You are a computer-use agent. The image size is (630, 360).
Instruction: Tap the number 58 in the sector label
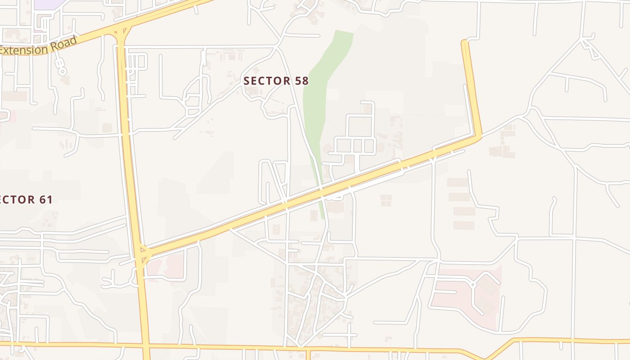(302, 81)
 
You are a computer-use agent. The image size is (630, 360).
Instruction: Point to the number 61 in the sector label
(45, 199)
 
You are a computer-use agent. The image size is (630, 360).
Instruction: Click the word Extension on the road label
(25, 49)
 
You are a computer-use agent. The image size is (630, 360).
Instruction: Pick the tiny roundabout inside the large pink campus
(472, 284)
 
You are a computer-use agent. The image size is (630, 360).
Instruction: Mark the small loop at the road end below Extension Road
(63, 71)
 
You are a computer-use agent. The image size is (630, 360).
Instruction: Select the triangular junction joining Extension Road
(120, 31)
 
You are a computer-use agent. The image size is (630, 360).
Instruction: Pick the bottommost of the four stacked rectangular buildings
(463, 225)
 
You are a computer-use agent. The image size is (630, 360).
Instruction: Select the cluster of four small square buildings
(386, 200)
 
